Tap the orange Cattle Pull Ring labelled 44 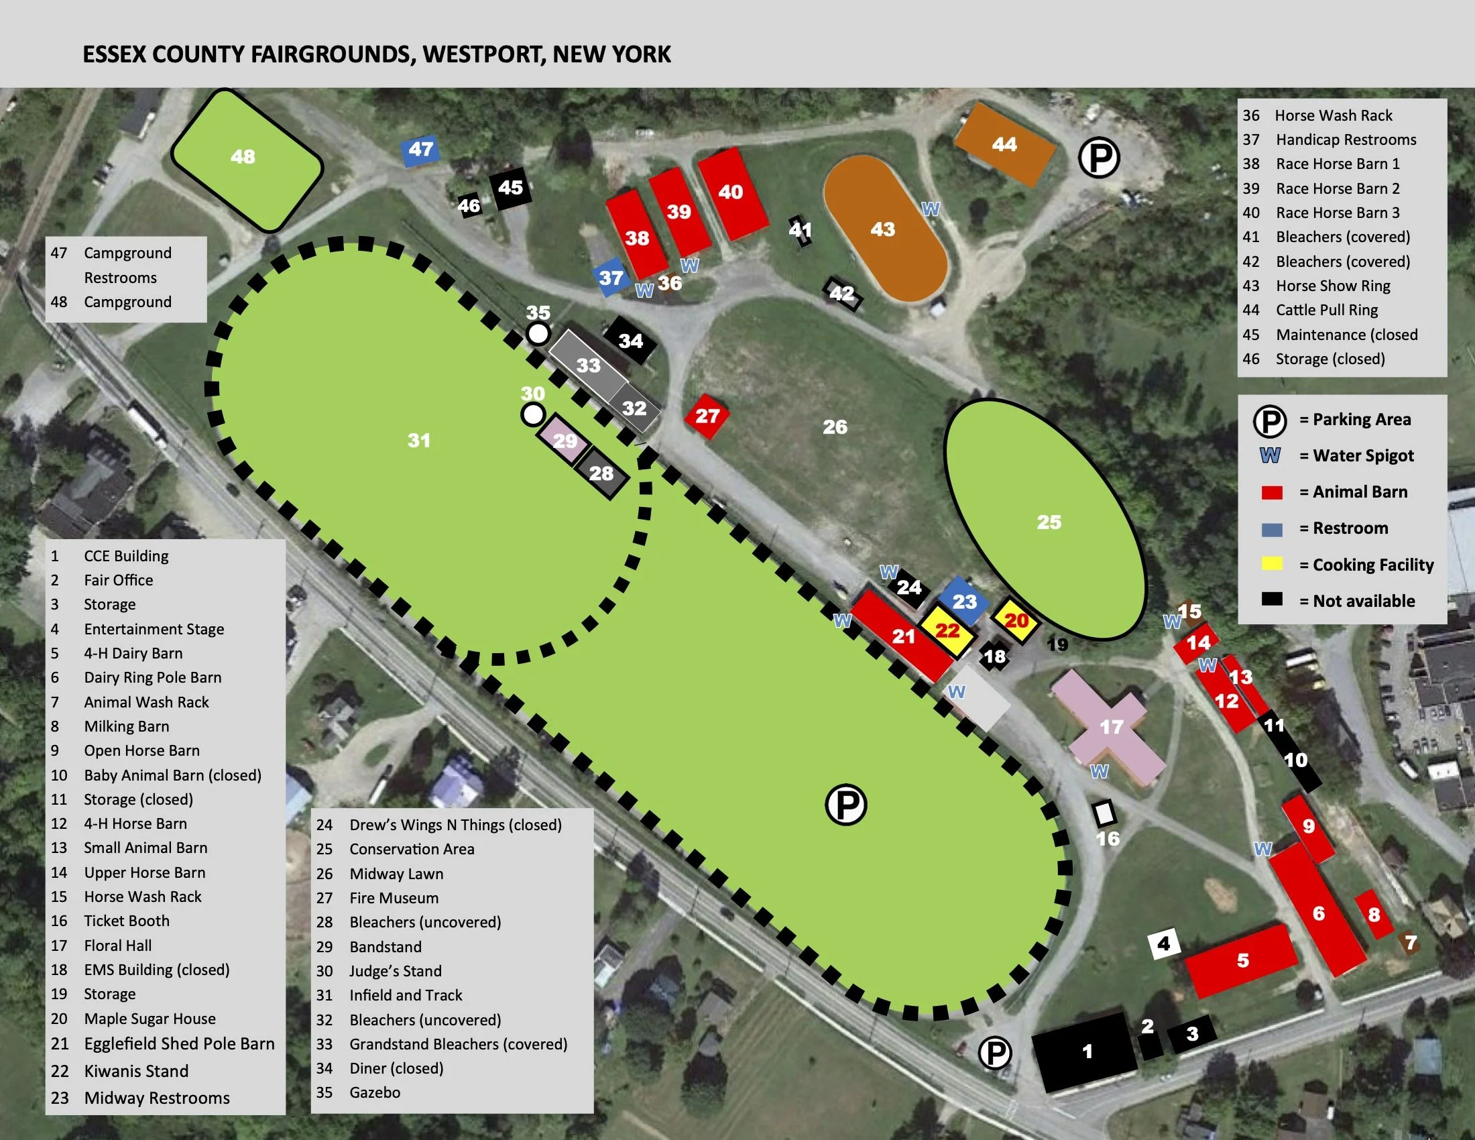(x=1004, y=144)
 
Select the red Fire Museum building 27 (x=707, y=416)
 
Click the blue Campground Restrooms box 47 (x=420, y=150)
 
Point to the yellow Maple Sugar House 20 (x=1016, y=620)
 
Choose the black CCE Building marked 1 (x=1086, y=1050)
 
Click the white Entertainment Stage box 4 (x=1164, y=944)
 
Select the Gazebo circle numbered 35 (x=538, y=334)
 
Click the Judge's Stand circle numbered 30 (x=533, y=414)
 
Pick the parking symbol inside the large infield (x=845, y=804)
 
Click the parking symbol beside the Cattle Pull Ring (x=1099, y=158)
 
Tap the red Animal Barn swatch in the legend (x=1272, y=492)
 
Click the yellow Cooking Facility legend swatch (x=1272, y=565)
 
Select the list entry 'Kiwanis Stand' (x=135, y=1071)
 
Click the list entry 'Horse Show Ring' (x=1332, y=286)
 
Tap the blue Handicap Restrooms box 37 (x=611, y=277)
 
